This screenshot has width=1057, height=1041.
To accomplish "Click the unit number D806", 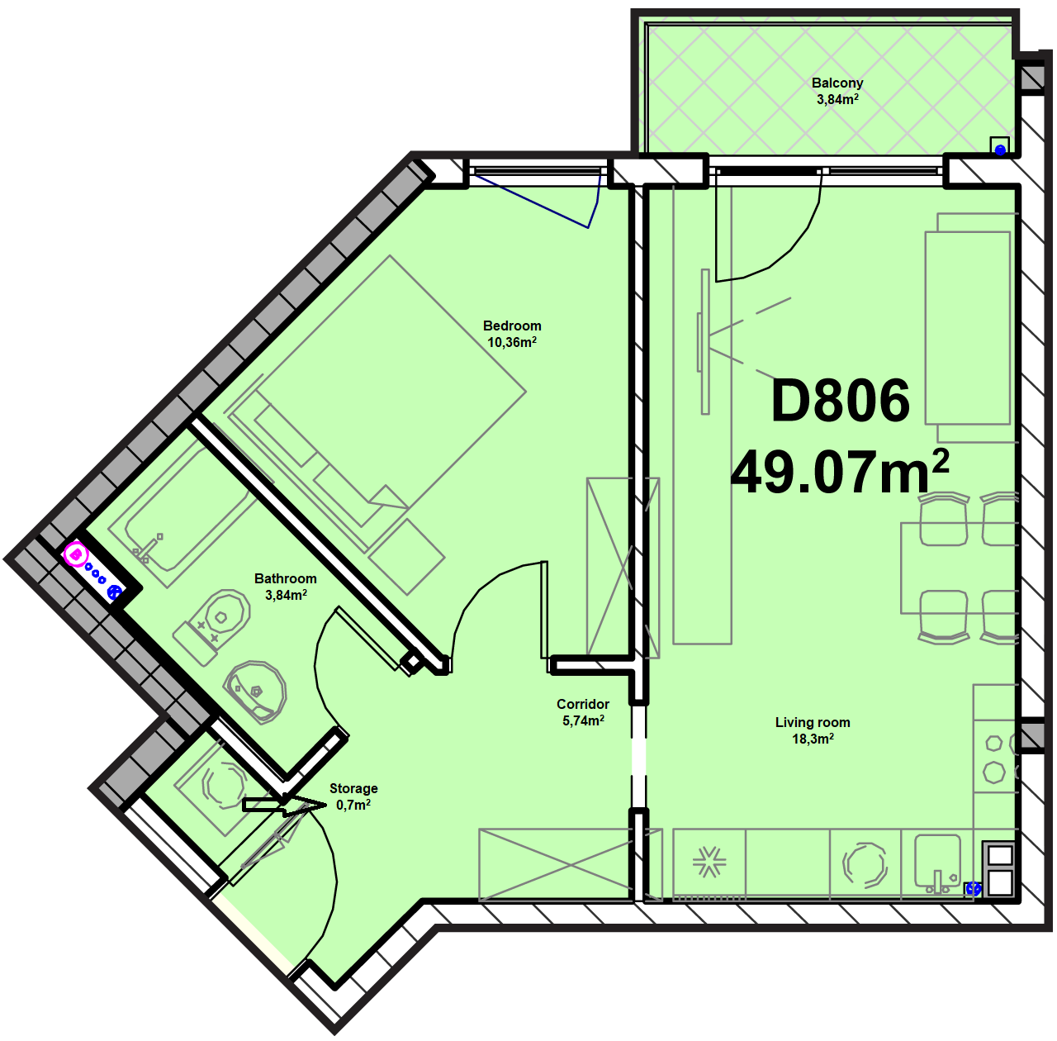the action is (841, 401).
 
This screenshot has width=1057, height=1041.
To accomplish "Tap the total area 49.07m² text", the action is (840, 472).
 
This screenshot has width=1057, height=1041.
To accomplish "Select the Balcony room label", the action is (837, 83).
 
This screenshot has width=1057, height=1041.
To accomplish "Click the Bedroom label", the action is (512, 326).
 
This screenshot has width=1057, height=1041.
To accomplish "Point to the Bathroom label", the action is (285, 578).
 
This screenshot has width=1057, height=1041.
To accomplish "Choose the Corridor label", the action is (582, 704).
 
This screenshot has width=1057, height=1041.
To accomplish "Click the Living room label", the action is (813, 723).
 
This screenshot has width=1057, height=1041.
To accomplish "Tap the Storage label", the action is (353, 788).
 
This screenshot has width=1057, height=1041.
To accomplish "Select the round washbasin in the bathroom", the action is (254, 692).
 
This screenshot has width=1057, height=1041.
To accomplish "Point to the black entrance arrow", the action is (284, 806).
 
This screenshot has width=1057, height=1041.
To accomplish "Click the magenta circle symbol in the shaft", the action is (76, 554).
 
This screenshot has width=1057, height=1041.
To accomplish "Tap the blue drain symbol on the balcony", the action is (1000, 150).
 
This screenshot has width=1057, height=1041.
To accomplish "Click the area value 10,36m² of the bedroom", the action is (512, 342).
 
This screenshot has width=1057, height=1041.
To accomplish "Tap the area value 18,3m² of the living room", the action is (813, 739).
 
